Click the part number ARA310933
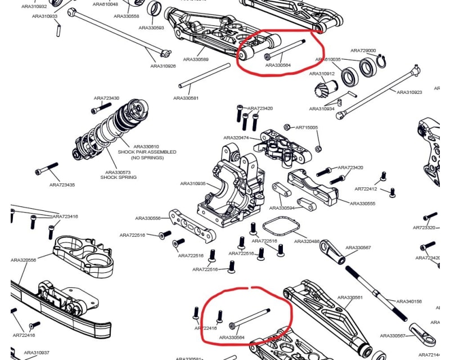[45, 16]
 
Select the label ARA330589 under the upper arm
[196, 59]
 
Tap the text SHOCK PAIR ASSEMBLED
[147, 152]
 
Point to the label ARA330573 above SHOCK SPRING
[118, 172]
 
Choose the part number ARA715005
[307, 128]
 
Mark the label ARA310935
[193, 183]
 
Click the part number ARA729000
[363, 51]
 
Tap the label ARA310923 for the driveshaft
[409, 92]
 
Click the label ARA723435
[62, 184]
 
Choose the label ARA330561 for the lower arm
[351, 298]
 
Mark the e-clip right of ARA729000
[381, 60]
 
